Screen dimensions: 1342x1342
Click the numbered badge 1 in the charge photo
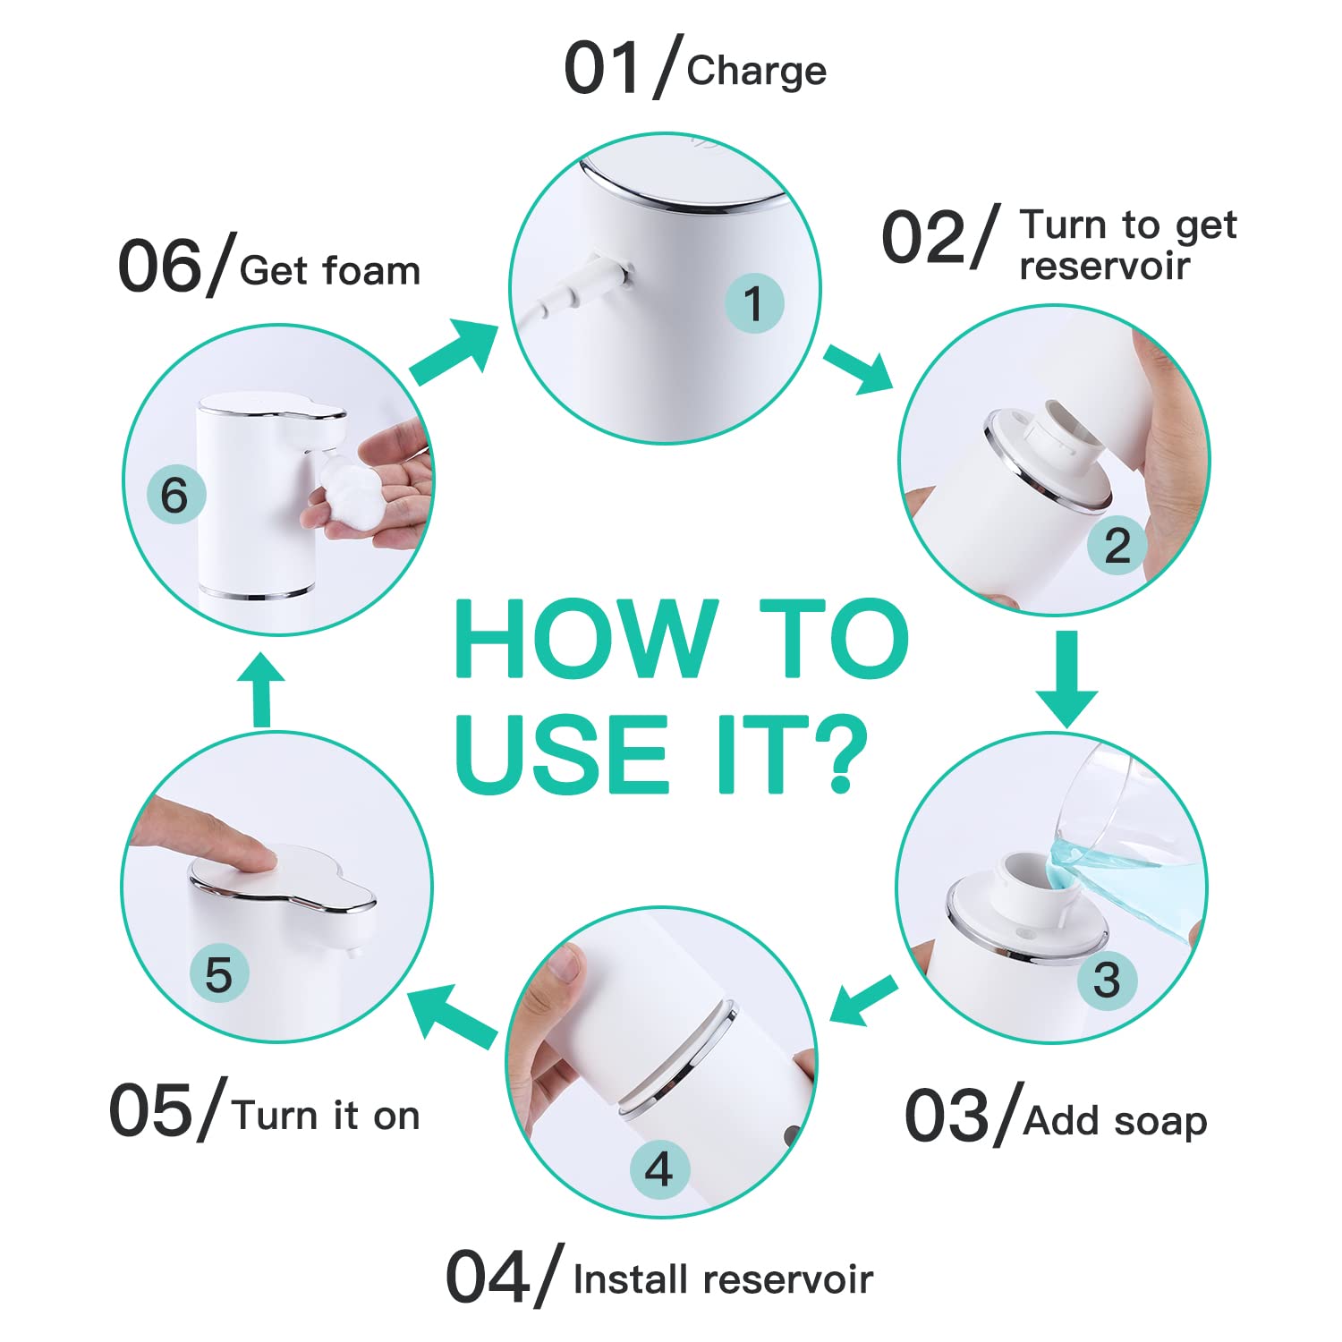click(753, 303)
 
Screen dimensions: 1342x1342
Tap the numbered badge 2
click(1117, 546)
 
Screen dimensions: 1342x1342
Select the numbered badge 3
click(1106, 980)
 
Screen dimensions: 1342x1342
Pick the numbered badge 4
click(659, 1169)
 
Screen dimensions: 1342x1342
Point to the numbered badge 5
click(219, 974)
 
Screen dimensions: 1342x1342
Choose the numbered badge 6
click(175, 495)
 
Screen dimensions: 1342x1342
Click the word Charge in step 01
click(756, 72)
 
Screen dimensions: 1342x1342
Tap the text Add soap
click(1115, 1120)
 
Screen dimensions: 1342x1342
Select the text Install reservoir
click(723, 1279)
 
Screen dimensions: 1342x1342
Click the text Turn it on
click(326, 1116)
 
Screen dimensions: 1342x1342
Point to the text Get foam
click(330, 270)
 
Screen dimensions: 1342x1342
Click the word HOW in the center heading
click(586, 639)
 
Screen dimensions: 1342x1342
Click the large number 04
click(488, 1278)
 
